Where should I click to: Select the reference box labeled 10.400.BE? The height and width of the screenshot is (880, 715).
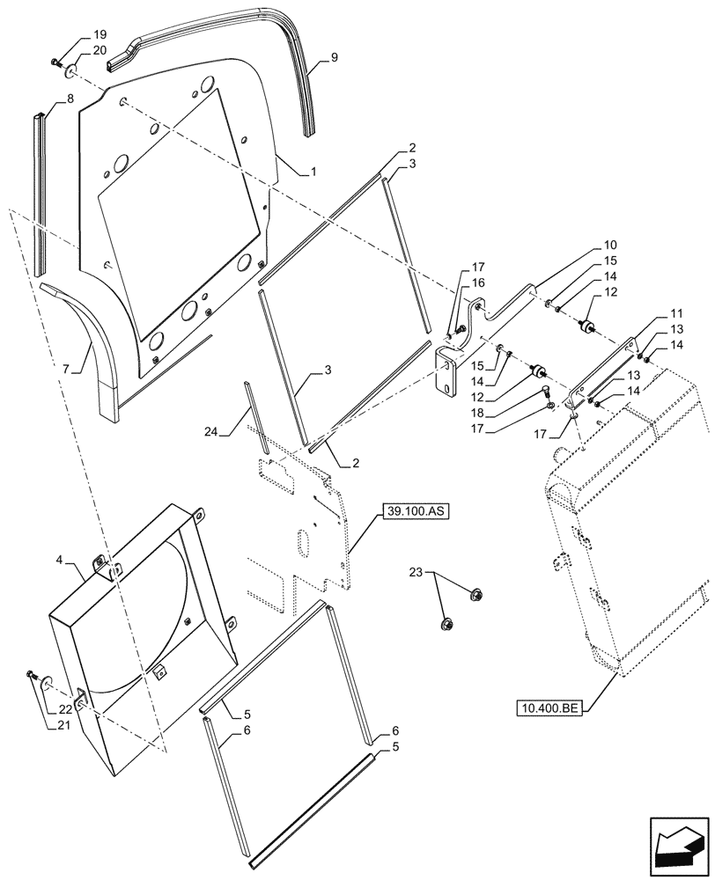click(x=549, y=708)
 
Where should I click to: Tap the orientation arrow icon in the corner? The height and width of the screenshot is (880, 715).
click(x=679, y=844)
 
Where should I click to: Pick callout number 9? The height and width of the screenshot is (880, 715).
click(x=334, y=58)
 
